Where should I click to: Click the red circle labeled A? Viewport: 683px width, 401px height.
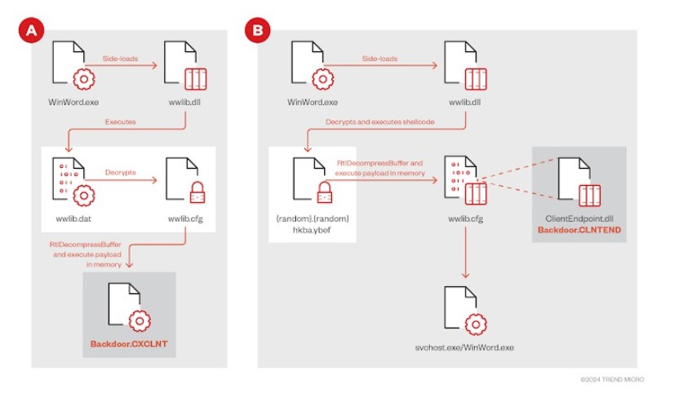pos(32,31)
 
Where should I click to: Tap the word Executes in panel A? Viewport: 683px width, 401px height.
pos(121,121)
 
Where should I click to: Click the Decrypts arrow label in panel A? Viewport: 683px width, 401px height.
pos(121,173)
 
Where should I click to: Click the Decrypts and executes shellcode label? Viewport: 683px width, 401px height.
pos(382,122)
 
